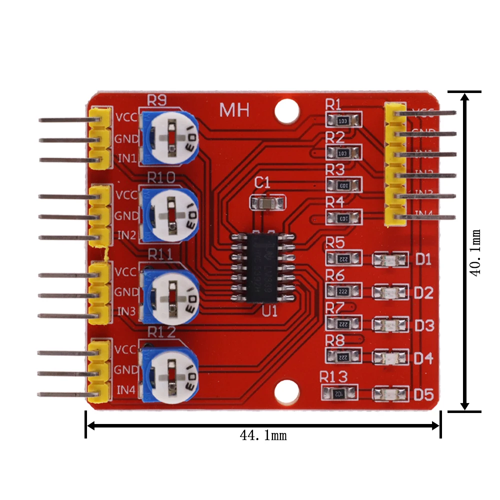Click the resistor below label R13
[340, 393]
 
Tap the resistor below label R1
[343, 120]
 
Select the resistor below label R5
[343, 258]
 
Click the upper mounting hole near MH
[286, 109]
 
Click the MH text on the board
[234, 110]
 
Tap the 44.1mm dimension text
[263, 435]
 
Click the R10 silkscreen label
[160, 177]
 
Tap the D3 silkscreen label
[424, 326]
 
